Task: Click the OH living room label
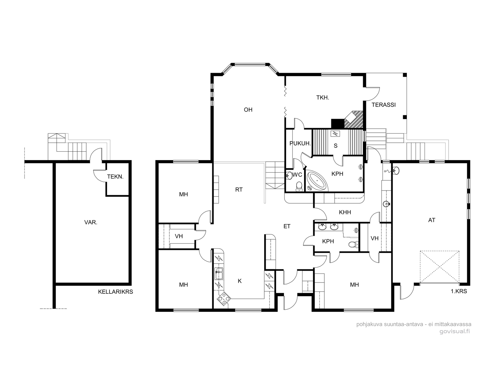pos(248,110)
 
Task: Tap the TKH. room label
pos(323,98)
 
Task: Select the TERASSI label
pos(384,105)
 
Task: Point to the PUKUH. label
pos(300,143)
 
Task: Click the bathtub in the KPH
pos(317,181)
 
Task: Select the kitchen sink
pos(219,274)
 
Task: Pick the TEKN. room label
pos(115,177)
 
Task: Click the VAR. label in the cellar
pos(91,222)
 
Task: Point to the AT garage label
pos(431,220)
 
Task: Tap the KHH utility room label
pos(345,212)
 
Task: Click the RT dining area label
pos(239,190)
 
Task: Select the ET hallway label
pos(287,226)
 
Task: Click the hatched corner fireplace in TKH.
pos(354,119)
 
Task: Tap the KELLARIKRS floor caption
pos(115,292)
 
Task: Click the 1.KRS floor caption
pos(459,291)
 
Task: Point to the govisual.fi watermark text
pos(455,332)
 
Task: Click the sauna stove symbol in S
pos(334,134)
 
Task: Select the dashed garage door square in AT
pos(440,267)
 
